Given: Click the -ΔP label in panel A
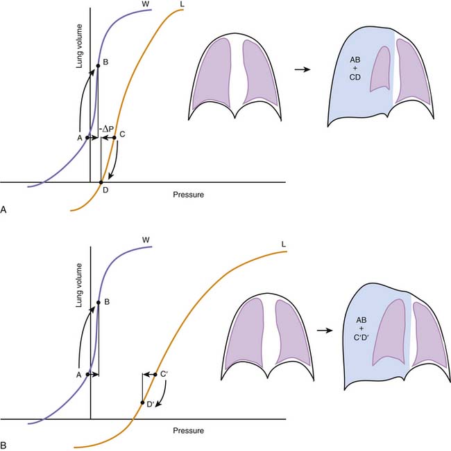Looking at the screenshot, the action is (107, 130).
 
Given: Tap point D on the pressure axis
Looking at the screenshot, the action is (101, 182).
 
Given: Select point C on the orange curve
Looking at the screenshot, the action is (114, 138).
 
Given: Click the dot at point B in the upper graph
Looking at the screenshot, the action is (98, 66).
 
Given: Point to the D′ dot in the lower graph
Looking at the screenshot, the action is (142, 403).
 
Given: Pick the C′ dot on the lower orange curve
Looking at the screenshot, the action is (155, 375).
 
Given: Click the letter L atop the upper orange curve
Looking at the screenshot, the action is (182, 4).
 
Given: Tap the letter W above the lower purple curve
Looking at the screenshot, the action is (146, 240).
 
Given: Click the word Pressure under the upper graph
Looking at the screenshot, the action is (188, 195).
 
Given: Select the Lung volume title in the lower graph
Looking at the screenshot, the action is (79, 285).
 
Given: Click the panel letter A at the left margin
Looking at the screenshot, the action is (3, 210).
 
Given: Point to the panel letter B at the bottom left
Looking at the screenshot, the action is (3, 445).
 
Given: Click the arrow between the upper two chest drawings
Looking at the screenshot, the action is (303, 69).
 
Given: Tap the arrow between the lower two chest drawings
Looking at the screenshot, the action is (325, 330).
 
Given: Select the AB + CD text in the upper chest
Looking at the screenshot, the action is (355, 69).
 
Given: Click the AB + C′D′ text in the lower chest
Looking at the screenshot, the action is (361, 328).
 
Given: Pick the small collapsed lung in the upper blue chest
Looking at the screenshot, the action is (381, 69).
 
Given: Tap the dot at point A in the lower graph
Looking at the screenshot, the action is (87, 375).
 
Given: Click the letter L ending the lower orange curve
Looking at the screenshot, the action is (283, 245).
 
